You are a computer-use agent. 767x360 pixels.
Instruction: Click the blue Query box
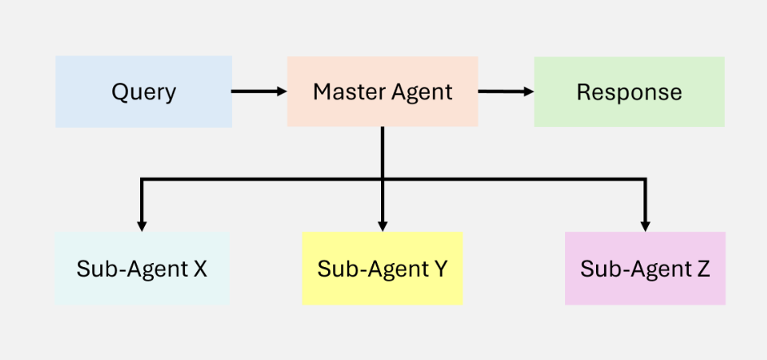[143, 91]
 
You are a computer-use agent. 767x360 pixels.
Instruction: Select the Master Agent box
[382, 91]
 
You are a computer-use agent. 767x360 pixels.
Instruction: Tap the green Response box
[629, 91]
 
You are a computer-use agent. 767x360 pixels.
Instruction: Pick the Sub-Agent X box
[142, 269]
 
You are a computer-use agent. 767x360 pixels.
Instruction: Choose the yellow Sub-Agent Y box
[383, 269]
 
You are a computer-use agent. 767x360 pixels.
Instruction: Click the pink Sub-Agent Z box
[645, 269]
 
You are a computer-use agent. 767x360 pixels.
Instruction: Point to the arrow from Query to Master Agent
[259, 91]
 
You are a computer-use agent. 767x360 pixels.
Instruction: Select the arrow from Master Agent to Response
[506, 91]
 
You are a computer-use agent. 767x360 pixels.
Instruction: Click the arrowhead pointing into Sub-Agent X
[142, 226]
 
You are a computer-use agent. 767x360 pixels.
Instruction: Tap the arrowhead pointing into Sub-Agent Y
[383, 226]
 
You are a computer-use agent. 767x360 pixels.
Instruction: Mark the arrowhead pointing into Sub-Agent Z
[645, 226]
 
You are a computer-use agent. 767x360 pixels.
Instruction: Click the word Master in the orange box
[346, 92]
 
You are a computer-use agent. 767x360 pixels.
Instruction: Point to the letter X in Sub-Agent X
[200, 269]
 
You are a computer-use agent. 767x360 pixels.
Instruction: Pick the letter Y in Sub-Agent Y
[440, 269]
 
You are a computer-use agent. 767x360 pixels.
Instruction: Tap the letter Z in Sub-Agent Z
[703, 269]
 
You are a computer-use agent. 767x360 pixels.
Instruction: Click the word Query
[143, 93]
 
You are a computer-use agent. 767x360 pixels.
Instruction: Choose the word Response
[629, 93]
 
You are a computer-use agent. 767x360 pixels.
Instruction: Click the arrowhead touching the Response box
[528, 91]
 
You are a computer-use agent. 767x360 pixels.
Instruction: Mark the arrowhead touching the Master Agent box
[282, 91]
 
